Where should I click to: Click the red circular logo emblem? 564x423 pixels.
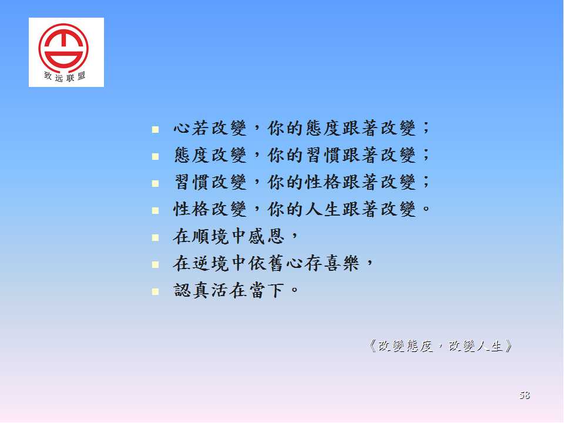(63, 48)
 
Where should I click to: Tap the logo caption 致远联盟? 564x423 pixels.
(65, 76)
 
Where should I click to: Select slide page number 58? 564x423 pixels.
(525, 395)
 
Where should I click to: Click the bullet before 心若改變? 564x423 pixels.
(155, 129)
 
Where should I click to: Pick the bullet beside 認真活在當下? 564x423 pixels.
(155, 291)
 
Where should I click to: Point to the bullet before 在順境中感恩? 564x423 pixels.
(155, 237)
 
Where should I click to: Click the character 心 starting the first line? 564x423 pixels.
(182, 128)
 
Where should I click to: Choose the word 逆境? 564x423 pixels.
(210, 263)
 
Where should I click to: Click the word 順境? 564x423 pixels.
(210, 236)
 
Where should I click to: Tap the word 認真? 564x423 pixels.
(192, 290)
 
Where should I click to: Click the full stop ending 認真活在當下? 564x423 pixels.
(294, 289)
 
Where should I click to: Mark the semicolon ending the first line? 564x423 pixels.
(426, 127)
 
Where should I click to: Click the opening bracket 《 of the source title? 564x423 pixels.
(372, 346)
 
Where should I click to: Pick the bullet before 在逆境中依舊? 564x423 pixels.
(155, 265)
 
